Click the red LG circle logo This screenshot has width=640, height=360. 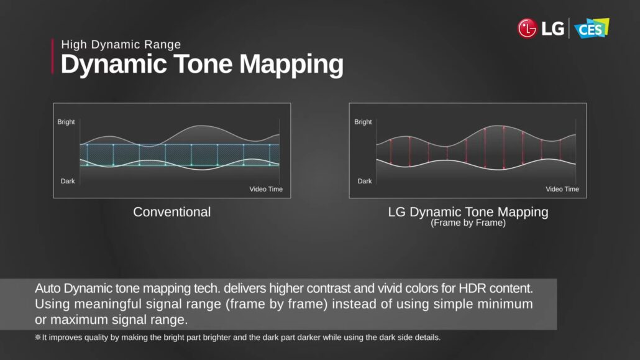(x=527, y=28)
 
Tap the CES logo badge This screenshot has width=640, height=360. (x=592, y=28)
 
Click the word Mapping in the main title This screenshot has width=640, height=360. (x=291, y=65)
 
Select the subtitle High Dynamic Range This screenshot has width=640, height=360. (x=121, y=44)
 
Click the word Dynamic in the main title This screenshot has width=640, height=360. (x=114, y=65)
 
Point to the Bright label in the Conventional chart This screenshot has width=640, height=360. (x=66, y=122)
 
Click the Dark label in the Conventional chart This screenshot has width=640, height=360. (x=68, y=181)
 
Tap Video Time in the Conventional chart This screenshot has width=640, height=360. (x=266, y=189)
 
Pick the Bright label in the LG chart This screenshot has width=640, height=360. (x=363, y=122)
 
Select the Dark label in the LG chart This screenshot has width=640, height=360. (x=365, y=181)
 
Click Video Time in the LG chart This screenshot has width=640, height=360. (x=562, y=189)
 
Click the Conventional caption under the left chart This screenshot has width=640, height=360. (x=172, y=211)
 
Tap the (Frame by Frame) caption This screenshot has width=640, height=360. (x=468, y=223)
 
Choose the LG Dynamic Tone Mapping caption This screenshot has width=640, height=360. (x=468, y=212)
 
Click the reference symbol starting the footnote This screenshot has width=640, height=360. (x=38, y=338)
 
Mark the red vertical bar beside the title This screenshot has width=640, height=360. (x=53, y=57)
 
